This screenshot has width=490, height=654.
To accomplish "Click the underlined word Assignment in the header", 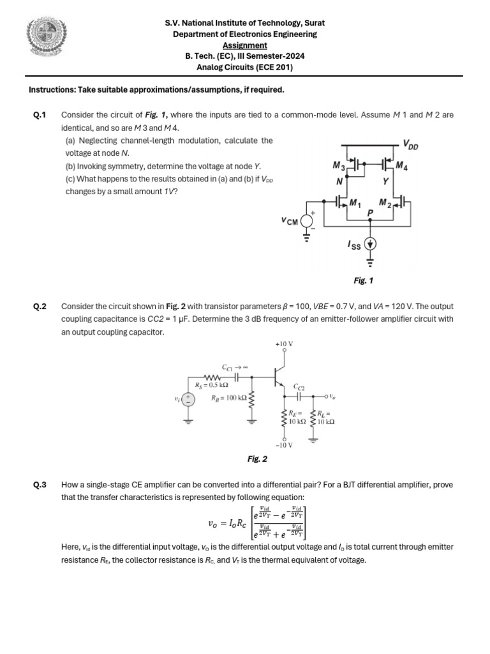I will point(244,45).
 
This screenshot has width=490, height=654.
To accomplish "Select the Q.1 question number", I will point(40,116).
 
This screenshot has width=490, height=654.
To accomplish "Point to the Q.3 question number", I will point(40,485).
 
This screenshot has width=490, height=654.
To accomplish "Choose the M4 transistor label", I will point(401,166).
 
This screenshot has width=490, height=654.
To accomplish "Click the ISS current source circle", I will point(371,243).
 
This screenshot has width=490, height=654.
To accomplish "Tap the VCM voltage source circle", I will point(307,221).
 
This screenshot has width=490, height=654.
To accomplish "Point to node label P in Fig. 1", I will point(371,211).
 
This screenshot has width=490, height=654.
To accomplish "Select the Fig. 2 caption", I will point(257,459).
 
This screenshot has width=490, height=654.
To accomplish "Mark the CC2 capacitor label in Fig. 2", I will point(299,387).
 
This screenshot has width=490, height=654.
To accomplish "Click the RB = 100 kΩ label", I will point(228,398).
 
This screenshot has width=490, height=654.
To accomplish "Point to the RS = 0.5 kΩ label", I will point(212,385).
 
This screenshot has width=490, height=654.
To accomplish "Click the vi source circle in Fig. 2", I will point(188,400).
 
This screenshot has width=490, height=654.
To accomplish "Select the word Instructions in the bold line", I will point(52,89).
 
